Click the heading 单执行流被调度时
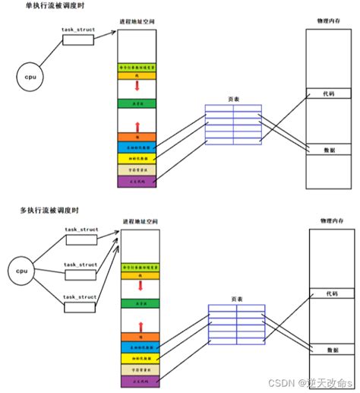(33, 5)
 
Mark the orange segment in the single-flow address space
(137, 137)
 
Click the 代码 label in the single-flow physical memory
(327, 93)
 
